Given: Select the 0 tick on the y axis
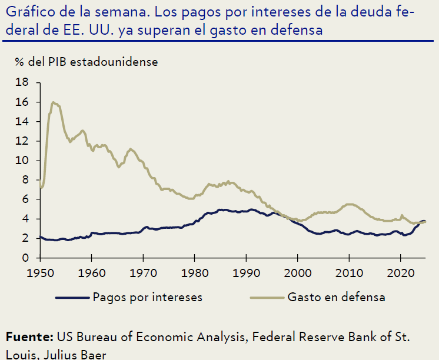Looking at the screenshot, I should click(x=26, y=258).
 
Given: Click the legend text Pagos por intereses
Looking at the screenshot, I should click(x=147, y=297).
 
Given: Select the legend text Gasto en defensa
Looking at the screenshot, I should click(x=337, y=297).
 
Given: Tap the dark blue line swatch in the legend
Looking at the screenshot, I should click(x=71, y=298).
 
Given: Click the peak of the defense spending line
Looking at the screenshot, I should click(x=54, y=102).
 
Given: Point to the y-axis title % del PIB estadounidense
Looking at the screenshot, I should click(x=82, y=61).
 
